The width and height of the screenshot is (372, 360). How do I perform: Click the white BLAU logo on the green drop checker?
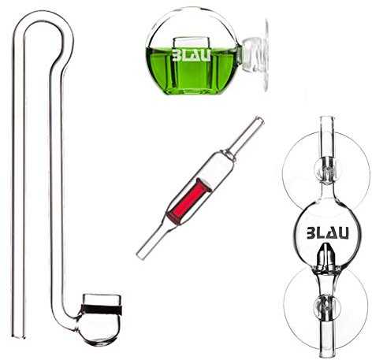click(192, 54)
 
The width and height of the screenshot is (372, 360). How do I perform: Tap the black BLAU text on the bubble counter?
click(328, 233)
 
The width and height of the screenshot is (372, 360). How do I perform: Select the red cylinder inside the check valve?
click(189, 201)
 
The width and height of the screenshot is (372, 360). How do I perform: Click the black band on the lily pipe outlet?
click(102, 310)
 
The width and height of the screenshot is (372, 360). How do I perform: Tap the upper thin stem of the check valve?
click(247, 136)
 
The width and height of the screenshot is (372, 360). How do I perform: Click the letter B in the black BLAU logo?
click(312, 233)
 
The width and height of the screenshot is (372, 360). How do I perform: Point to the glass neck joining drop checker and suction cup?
click(240, 54)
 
